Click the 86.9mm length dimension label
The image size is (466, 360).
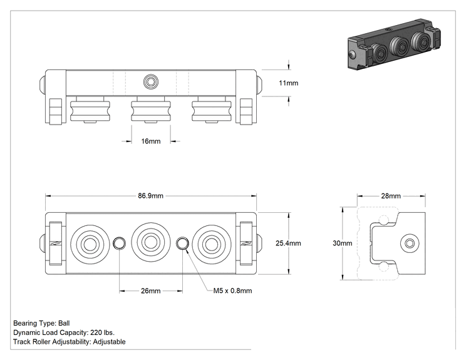[150, 196]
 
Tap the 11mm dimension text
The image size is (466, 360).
[288, 83]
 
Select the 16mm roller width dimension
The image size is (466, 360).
[151, 141]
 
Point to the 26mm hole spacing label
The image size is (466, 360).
[151, 291]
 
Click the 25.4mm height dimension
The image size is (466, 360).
[288, 244]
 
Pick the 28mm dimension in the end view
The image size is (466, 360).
[391, 196]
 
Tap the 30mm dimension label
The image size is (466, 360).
[343, 244]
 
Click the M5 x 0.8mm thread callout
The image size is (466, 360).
[232, 291]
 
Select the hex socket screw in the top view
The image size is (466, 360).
[151, 81]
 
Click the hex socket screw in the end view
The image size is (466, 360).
[410, 244]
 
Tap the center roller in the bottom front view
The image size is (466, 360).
[151, 244]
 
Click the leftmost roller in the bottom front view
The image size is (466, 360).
[90, 244]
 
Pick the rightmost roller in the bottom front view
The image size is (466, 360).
[211, 244]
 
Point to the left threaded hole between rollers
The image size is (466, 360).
[119, 244]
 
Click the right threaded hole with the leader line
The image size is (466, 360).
[182, 244]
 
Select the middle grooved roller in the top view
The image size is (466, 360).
[151, 111]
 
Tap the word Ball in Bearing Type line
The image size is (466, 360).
[64, 323]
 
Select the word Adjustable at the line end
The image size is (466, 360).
[109, 342]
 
